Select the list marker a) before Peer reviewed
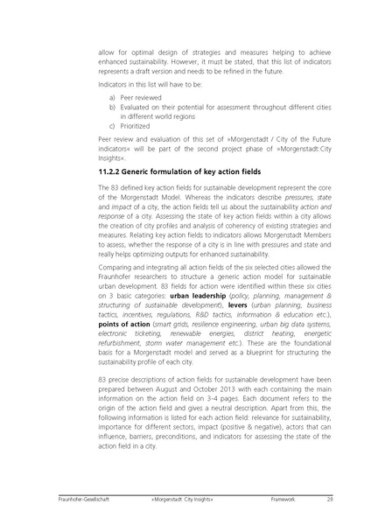pyautogui.click(x=112, y=122)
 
